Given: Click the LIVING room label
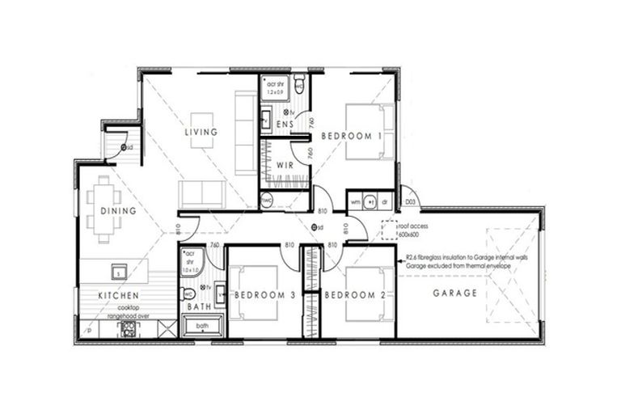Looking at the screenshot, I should (x=201, y=132).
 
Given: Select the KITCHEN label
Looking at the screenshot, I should (x=118, y=296).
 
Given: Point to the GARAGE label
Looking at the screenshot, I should (x=454, y=293).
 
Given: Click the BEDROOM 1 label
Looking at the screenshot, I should (x=351, y=136).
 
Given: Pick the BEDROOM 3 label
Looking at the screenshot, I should (x=265, y=295).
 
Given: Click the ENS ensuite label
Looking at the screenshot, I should (x=284, y=124).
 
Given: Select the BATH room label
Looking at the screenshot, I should (x=199, y=307).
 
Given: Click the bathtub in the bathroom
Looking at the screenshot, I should (x=201, y=327).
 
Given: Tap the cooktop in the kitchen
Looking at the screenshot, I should (x=128, y=328).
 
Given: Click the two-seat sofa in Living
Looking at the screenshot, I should (x=202, y=193).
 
